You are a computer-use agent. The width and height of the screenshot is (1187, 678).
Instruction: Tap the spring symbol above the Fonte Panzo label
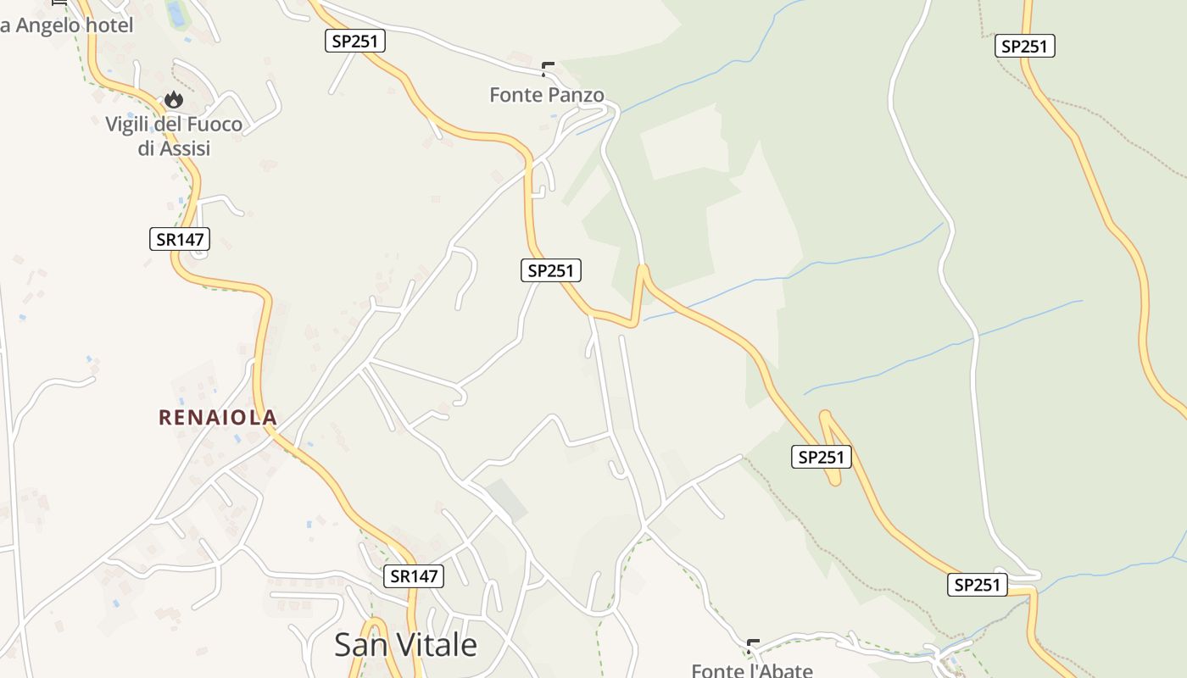pos(548,69)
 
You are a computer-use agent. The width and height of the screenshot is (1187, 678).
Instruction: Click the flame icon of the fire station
pos(174,100)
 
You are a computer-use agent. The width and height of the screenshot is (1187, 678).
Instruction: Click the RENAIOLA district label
pos(218,417)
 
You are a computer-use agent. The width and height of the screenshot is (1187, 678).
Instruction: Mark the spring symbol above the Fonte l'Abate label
pos(753,646)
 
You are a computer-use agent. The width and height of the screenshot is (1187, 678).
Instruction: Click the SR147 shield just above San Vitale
pos(414,576)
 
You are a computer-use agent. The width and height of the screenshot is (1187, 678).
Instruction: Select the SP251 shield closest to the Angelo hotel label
pos(355,41)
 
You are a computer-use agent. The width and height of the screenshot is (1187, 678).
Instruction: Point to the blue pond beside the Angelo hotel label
pos(176,13)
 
